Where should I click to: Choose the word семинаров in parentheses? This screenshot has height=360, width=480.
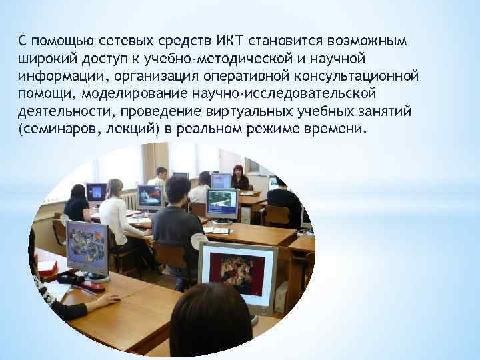click(x=55, y=127)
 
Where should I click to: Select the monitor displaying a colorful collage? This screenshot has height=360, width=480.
click(x=87, y=247)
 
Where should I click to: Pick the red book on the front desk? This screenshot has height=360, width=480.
click(x=47, y=267)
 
